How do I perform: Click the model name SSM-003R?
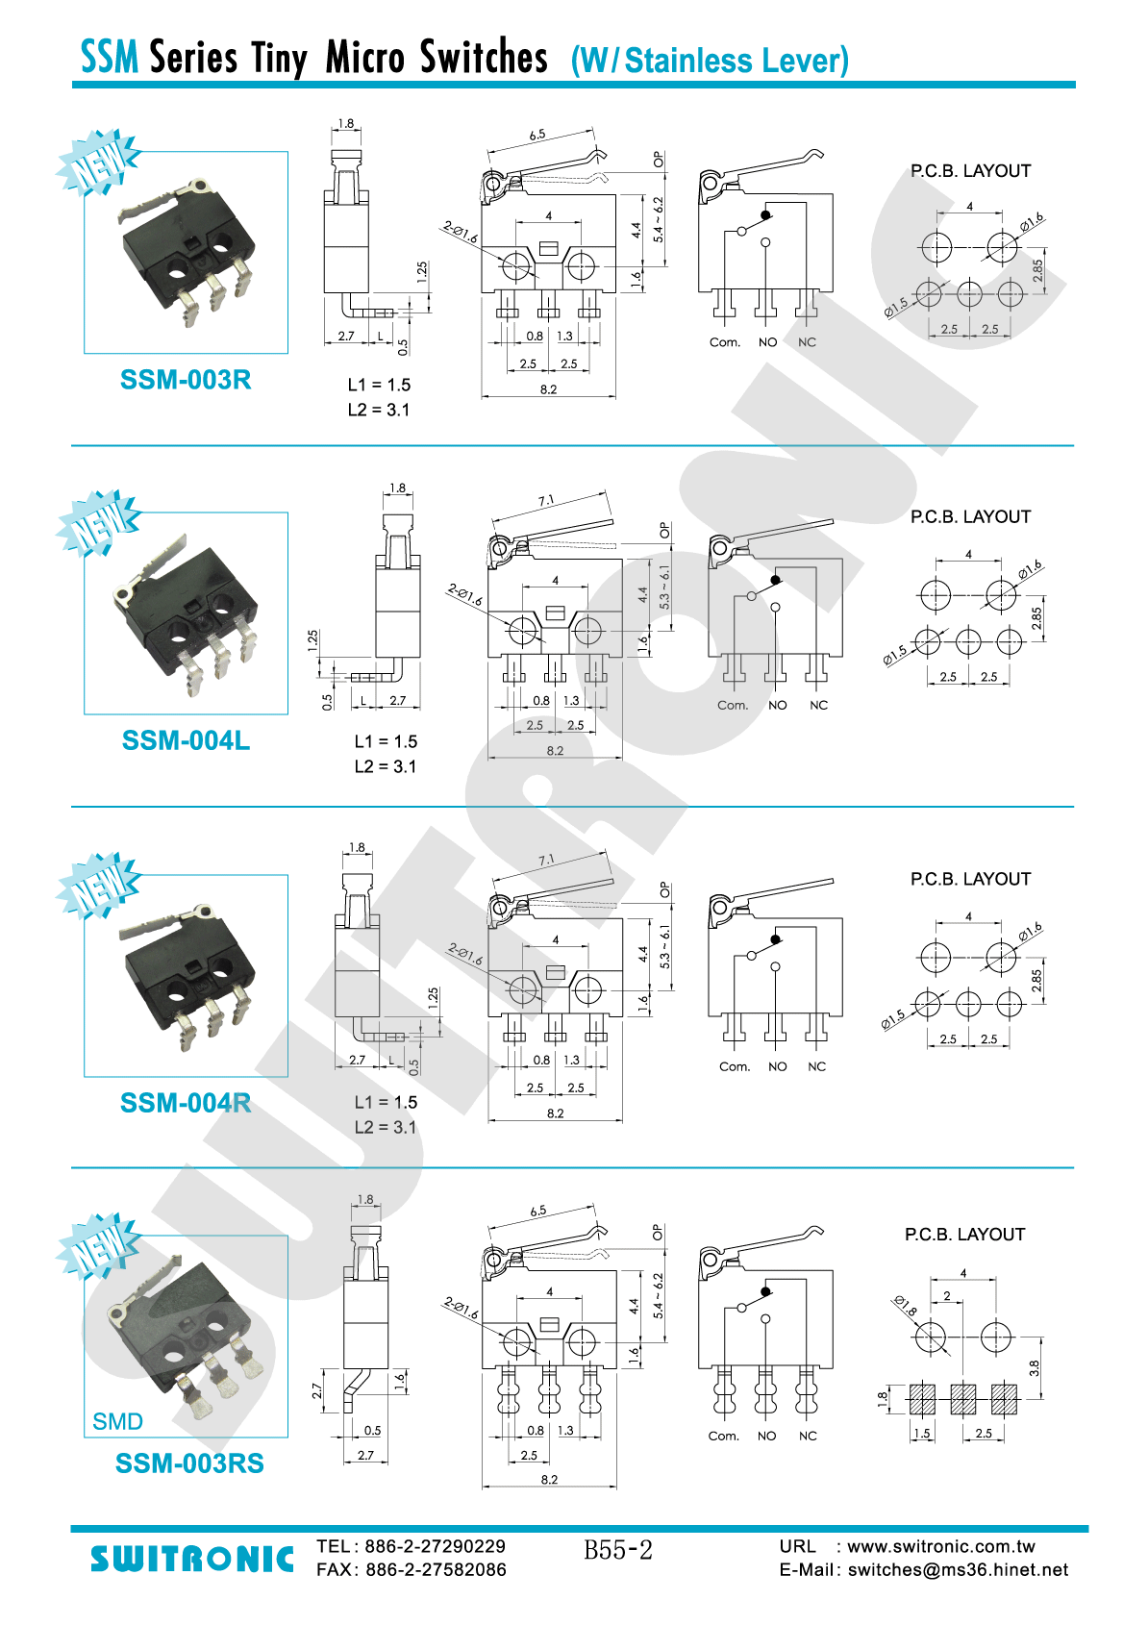click(186, 380)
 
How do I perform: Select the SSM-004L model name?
click(186, 740)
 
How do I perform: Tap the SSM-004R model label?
click(186, 1103)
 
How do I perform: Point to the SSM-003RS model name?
click(189, 1463)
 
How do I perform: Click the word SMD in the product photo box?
click(117, 1421)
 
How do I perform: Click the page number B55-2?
click(618, 1550)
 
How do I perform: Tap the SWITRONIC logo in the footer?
click(192, 1559)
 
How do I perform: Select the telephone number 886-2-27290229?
click(436, 1546)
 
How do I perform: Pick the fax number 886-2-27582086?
click(436, 1570)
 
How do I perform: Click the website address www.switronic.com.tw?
click(941, 1546)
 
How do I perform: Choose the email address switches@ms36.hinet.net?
click(958, 1570)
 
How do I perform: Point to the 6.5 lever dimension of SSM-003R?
click(537, 135)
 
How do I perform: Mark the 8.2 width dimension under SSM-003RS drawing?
click(549, 1479)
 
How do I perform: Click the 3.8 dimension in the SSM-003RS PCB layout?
click(1035, 1368)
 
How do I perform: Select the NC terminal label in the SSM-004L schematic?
click(818, 705)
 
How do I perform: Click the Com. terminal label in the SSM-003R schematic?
click(725, 342)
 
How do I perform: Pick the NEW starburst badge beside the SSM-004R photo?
click(98, 885)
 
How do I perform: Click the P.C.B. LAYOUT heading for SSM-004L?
click(970, 516)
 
